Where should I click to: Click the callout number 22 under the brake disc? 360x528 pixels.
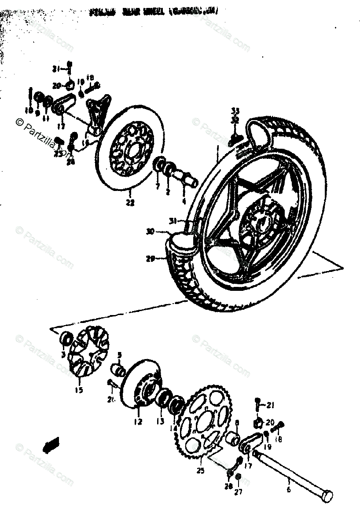coord(130,203)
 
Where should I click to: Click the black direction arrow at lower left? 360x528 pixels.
coord(51,443)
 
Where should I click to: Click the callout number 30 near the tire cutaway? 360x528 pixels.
coord(151,231)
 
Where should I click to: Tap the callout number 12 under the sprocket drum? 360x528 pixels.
coord(138,422)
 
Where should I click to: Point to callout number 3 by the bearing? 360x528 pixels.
coord(63,354)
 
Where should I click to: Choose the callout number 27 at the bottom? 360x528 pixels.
coord(238,492)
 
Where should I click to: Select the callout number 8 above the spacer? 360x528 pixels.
coord(236,423)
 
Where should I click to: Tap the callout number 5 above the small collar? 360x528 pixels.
coord(119,355)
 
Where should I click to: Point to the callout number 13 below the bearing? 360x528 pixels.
coord(160,422)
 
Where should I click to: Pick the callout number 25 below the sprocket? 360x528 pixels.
coord(201,471)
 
